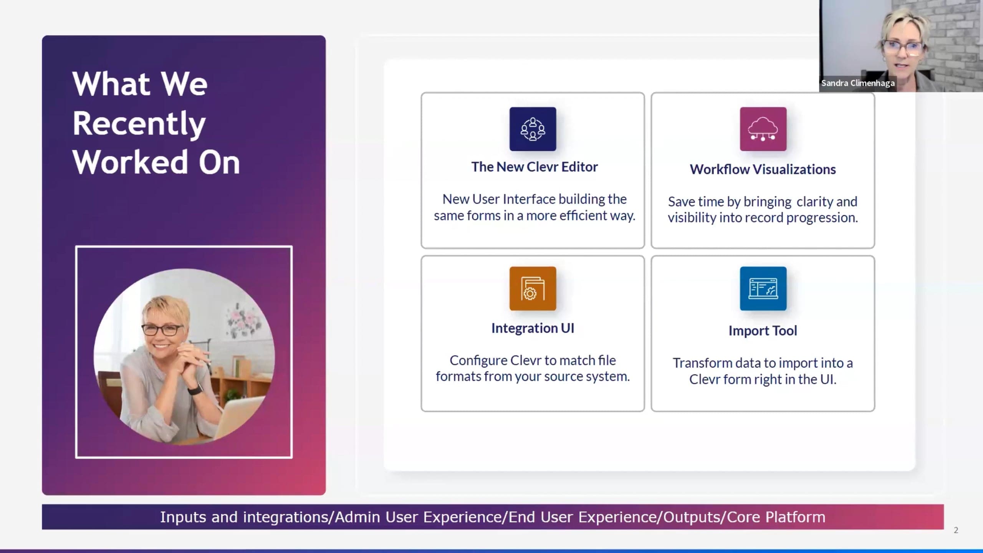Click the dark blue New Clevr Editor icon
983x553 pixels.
point(533,129)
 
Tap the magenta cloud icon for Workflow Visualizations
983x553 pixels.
point(763,129)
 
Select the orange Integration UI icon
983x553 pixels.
point(533,288)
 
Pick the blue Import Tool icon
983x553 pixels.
point(763,288)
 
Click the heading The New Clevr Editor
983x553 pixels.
point(535,167)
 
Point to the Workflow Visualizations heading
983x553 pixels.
point(763,169)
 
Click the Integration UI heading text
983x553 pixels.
point(533,328)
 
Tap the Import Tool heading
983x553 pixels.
point(763,331)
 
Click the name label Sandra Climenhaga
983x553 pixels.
point(858,83)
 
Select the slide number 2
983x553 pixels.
point(956,530)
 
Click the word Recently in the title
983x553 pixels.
point(139,124)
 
